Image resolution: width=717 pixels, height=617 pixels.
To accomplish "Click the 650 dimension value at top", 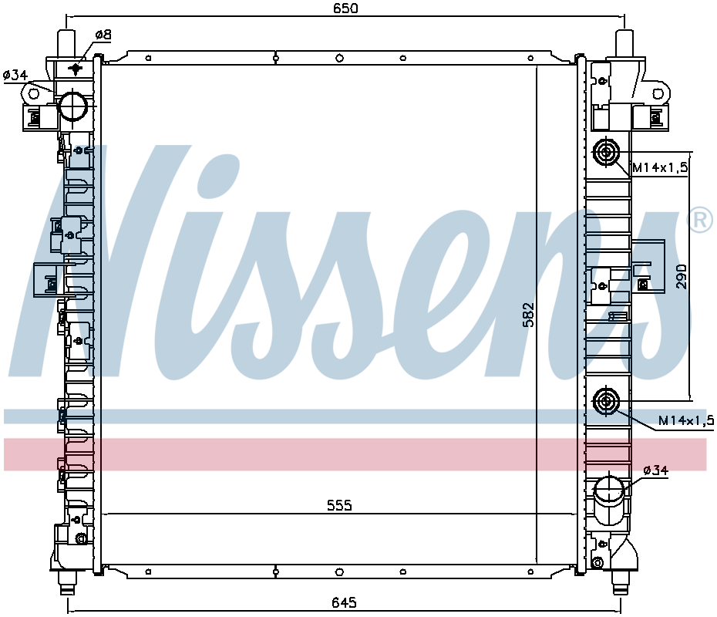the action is (345, 8).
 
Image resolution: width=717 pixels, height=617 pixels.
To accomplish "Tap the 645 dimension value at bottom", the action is (344, 603).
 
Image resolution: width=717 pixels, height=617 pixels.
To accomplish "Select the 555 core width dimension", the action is (339, 505).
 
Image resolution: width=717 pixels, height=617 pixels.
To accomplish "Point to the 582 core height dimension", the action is (528, 314).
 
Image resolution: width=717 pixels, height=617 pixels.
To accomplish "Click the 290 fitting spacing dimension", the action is (682, 276).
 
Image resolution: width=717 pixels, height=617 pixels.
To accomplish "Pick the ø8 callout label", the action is (103, 35).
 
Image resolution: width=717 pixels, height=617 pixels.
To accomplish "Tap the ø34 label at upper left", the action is (15, 75).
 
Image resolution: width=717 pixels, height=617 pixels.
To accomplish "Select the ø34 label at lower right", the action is (656, 470).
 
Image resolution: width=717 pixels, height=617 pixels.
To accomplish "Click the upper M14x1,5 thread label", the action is (660, 168).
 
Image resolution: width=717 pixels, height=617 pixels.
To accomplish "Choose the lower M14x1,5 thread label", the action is (686, 420).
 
